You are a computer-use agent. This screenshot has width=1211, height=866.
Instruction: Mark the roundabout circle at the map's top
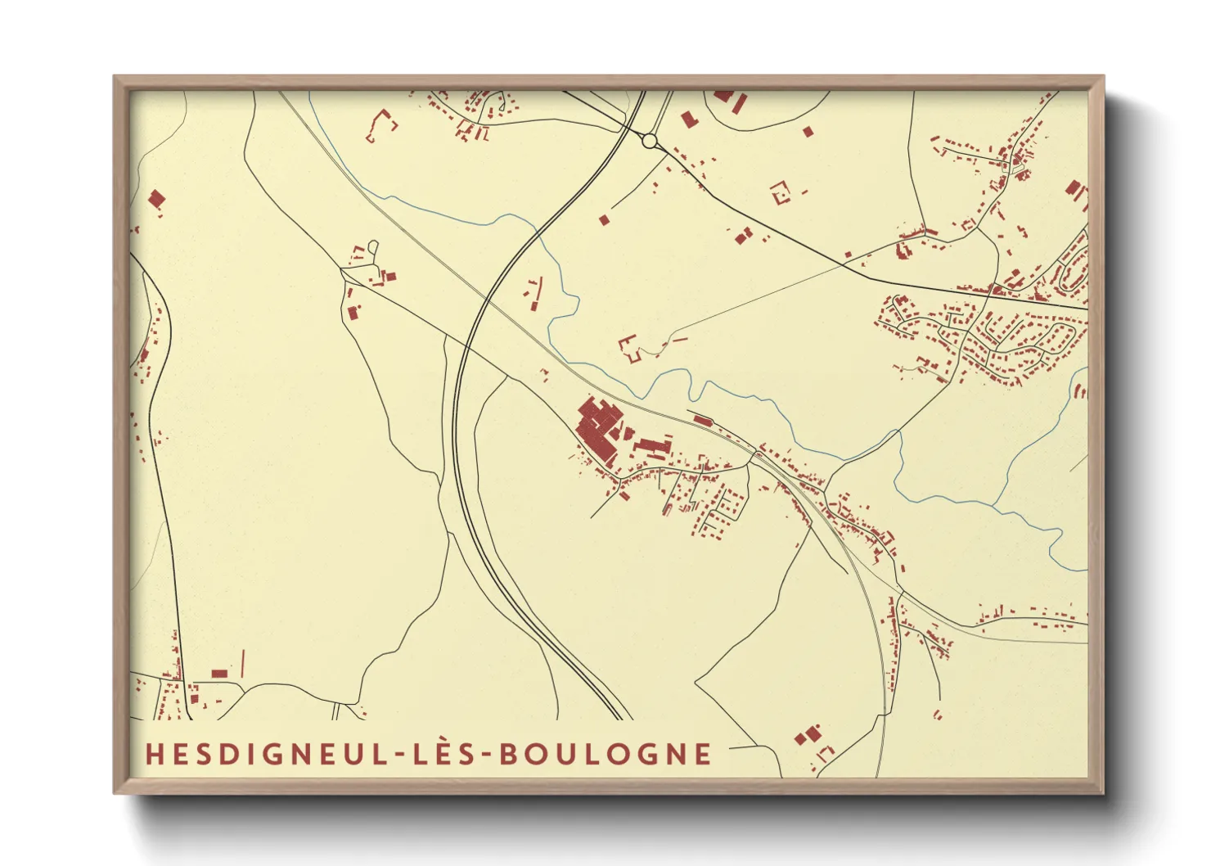[650, 142]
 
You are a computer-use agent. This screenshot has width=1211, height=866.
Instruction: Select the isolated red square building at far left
[156, 198]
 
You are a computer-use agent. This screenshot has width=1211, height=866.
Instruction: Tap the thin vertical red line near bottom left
[243, 663]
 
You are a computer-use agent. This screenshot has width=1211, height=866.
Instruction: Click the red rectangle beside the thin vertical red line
[219, 674]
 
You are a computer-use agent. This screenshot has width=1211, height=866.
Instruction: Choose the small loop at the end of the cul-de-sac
[373, 246]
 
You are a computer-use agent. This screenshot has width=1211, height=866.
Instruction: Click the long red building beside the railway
[702, 421]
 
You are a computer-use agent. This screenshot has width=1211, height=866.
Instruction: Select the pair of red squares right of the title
[808, 734]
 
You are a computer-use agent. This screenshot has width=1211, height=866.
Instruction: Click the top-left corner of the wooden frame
[115, 77]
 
